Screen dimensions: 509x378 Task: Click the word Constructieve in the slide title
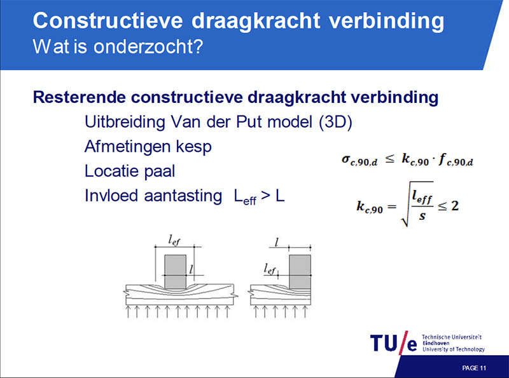pyautogui.click(x=108, y=20)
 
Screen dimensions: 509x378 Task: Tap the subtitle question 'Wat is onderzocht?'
pyautogui.click(x=118, y=46)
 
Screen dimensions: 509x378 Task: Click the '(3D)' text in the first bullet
pyautogui.click(x=336, y=122)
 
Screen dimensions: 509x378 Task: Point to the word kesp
pyautogui.click(x=194, y=147)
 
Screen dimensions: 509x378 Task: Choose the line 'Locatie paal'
pyautogui.click(x=130, y=171)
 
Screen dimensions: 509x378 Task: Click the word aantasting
pyautogui.click(x=183, y=196)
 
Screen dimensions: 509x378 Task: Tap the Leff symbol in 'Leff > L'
pyautogui.click(x=245, y=197)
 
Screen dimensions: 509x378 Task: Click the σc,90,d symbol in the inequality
pyautogui.click(x=359, y=160)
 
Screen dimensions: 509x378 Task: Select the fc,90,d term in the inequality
pyautogui.click(x=456, y=159)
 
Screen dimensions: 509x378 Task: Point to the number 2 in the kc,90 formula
pyautogui.click(x=455, y=206)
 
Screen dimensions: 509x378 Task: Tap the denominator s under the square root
pyautogui.click(x=422, y=216)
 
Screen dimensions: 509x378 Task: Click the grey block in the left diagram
pyautogui.click(x=176, y=272)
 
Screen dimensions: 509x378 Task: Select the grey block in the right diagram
pyautogui.click(x=300, y=272)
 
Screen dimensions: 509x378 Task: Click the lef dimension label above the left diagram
pyautogui.click(x=174, y=240)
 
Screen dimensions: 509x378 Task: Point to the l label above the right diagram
pyautogui.click(x=277, y=242)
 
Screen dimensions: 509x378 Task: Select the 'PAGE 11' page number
pyautogui.click(x=474, y=368)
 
